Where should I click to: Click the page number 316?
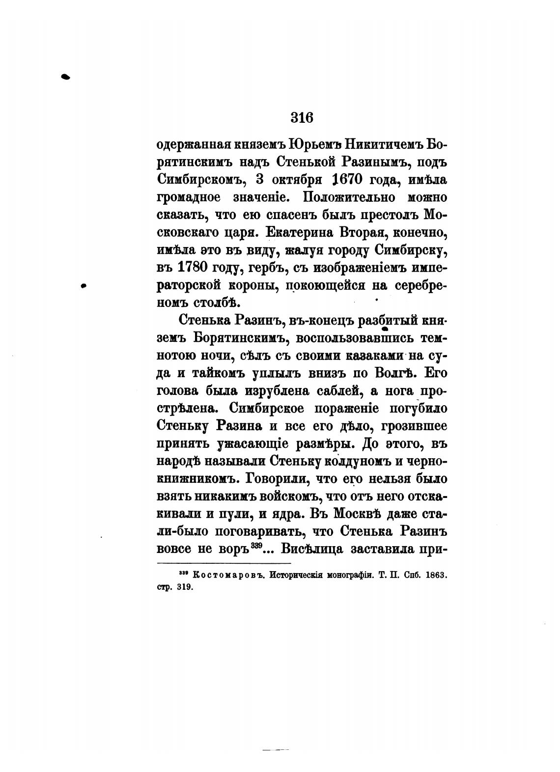coord(302,118)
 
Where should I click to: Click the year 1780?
coord(192,268)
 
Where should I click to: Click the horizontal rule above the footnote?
coord(224,563)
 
